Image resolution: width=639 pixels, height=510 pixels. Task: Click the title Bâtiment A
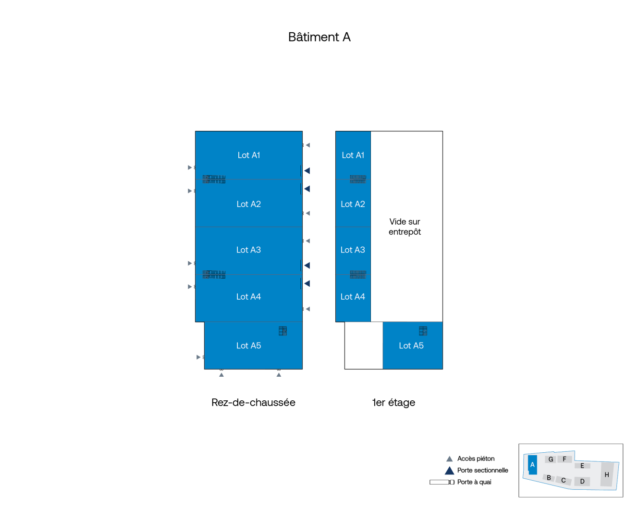point(319,37)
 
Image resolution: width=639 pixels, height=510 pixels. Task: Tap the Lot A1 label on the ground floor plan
point(248,155)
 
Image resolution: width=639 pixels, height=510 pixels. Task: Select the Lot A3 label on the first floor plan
point(353,250)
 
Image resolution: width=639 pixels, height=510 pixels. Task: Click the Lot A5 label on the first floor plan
point(411,345)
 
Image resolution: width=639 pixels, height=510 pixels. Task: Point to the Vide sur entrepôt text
point(405,227)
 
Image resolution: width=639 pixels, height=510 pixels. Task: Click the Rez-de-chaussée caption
point(253,402)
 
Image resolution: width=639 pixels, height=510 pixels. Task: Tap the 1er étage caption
point(393,402)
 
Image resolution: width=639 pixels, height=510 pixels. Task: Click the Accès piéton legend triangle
point(449,459)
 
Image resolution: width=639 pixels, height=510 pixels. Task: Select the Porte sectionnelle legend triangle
point(449,471)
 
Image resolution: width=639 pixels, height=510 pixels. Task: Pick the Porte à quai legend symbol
point(442,482)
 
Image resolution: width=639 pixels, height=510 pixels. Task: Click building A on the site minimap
point(532,464)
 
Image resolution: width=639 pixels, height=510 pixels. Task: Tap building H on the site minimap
point(607,474)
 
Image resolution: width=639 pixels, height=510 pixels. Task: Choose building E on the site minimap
point(582,466)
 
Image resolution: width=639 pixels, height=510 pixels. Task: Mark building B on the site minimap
point(549,478)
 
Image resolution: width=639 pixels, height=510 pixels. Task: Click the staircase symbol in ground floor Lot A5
point(283,331)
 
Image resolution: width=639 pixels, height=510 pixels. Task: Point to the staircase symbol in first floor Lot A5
point(423,331)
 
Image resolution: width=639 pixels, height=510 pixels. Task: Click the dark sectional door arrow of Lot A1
point(307,171)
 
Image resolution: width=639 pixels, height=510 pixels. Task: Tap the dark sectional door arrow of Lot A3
point(307,265)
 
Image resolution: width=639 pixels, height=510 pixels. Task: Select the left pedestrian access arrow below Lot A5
point(221,375)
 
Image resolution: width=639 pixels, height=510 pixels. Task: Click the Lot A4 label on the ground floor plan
point(248,296)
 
